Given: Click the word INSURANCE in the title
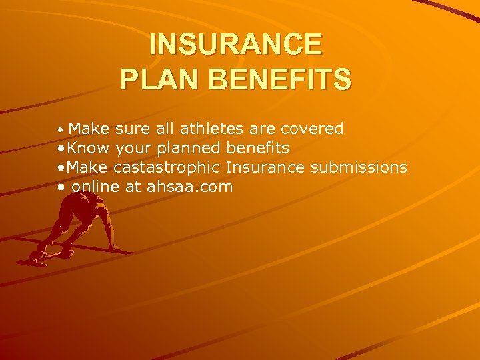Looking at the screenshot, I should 235,45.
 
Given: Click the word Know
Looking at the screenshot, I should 89,147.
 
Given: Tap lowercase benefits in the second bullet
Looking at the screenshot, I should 258,147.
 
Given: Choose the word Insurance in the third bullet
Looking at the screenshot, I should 265,167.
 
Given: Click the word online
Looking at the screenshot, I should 95,187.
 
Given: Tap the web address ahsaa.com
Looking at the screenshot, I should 189,187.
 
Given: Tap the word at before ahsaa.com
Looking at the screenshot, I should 133,187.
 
